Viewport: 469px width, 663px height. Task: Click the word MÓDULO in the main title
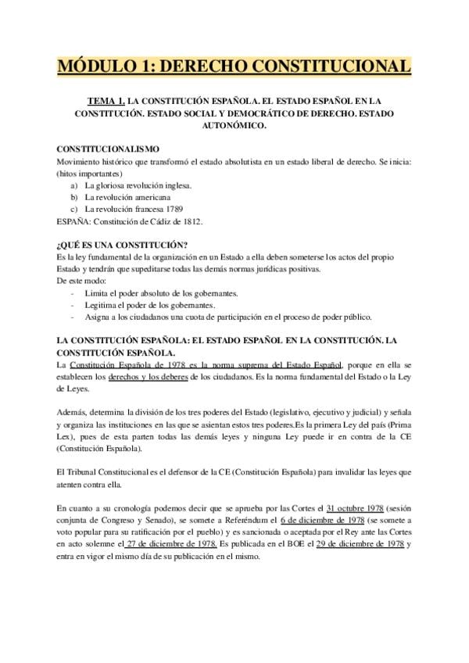coord(100,65)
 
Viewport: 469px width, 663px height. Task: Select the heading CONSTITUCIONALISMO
coord(109,149)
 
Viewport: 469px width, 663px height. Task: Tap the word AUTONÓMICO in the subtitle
coord(234,125)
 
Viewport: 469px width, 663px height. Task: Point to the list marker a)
coord(74,186)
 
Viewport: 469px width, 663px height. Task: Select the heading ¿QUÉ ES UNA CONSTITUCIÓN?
coord(123,245)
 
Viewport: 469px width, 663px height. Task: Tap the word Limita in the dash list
coord(98,292)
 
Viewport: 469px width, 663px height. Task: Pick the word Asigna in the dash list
coord(99,317)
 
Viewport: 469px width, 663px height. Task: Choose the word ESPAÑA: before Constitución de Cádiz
coord(75,222)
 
